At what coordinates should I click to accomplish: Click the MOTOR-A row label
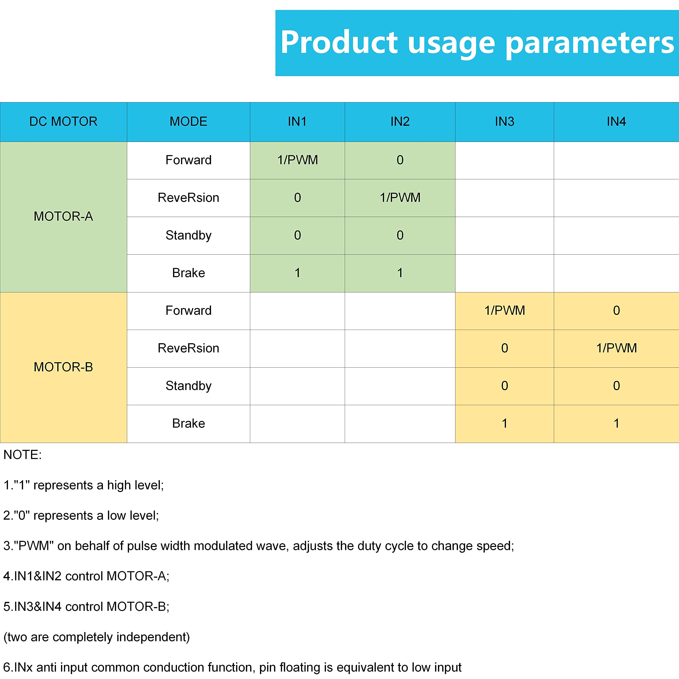coord(63,216)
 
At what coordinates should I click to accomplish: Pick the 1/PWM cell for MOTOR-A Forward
coord(297,160)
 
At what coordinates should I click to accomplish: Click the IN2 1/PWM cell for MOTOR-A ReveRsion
coord(400,198)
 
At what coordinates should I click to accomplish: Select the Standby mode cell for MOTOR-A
coord(188,236)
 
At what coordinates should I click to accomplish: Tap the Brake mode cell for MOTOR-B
coord(188,424)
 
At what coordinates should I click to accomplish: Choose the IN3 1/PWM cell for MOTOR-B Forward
coord(504,311)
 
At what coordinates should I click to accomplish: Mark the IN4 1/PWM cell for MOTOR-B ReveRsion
coord(616,348)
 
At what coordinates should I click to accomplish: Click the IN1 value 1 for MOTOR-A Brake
coord(297,273)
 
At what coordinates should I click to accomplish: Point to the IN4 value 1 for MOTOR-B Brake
coord(616,424)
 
